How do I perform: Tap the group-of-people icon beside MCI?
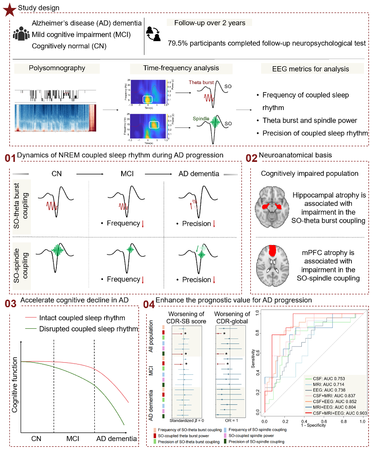(x=21, y=34)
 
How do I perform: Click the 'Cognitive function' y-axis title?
(x=14, y=386)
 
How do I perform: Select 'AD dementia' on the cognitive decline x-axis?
(x=117, y=440)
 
